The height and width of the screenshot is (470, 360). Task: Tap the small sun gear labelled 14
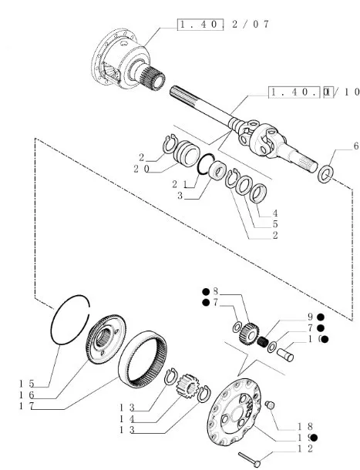(188, 385)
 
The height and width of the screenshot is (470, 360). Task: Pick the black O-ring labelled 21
(199, 168)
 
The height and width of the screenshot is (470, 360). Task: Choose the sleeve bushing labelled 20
(187, 153)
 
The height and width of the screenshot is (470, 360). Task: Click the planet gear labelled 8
(249, 332)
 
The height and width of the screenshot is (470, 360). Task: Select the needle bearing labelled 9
(263, 341)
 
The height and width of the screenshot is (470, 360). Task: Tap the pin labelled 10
(285, 355)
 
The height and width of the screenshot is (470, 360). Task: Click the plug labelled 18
(270, 405)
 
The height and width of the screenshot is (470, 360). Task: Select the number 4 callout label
(275, 213)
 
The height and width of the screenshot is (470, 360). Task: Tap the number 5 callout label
(275, 224)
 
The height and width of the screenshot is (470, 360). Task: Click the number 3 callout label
(180, 196)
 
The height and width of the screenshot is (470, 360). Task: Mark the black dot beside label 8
(206, 292)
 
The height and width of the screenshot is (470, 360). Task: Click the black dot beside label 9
(321, 317)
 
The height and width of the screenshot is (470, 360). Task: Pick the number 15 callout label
(27, 384)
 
